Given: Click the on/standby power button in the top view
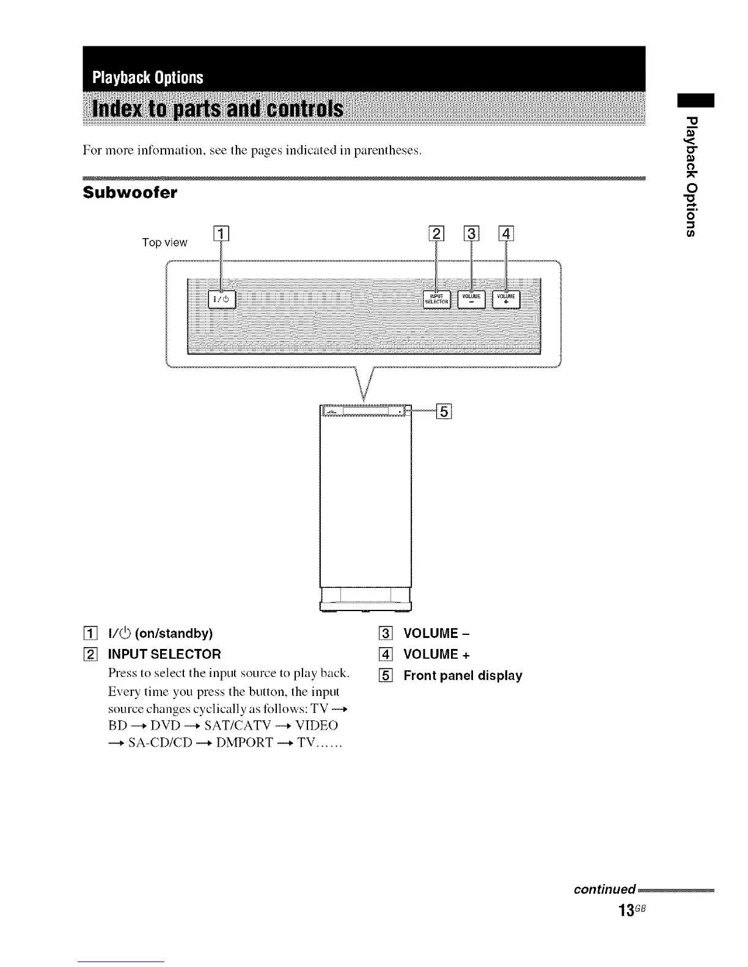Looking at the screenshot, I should point(221,299).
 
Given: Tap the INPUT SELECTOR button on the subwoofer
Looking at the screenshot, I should point(437,299).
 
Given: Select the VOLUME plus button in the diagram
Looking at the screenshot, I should point(507,299).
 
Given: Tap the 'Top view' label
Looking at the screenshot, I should point(164,243).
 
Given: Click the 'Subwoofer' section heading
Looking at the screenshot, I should point(130,193).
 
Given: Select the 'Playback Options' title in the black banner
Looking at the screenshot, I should point(147,78).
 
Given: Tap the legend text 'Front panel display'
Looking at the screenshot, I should point(463,676).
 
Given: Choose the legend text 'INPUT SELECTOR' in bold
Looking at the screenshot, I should point(164,654).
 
